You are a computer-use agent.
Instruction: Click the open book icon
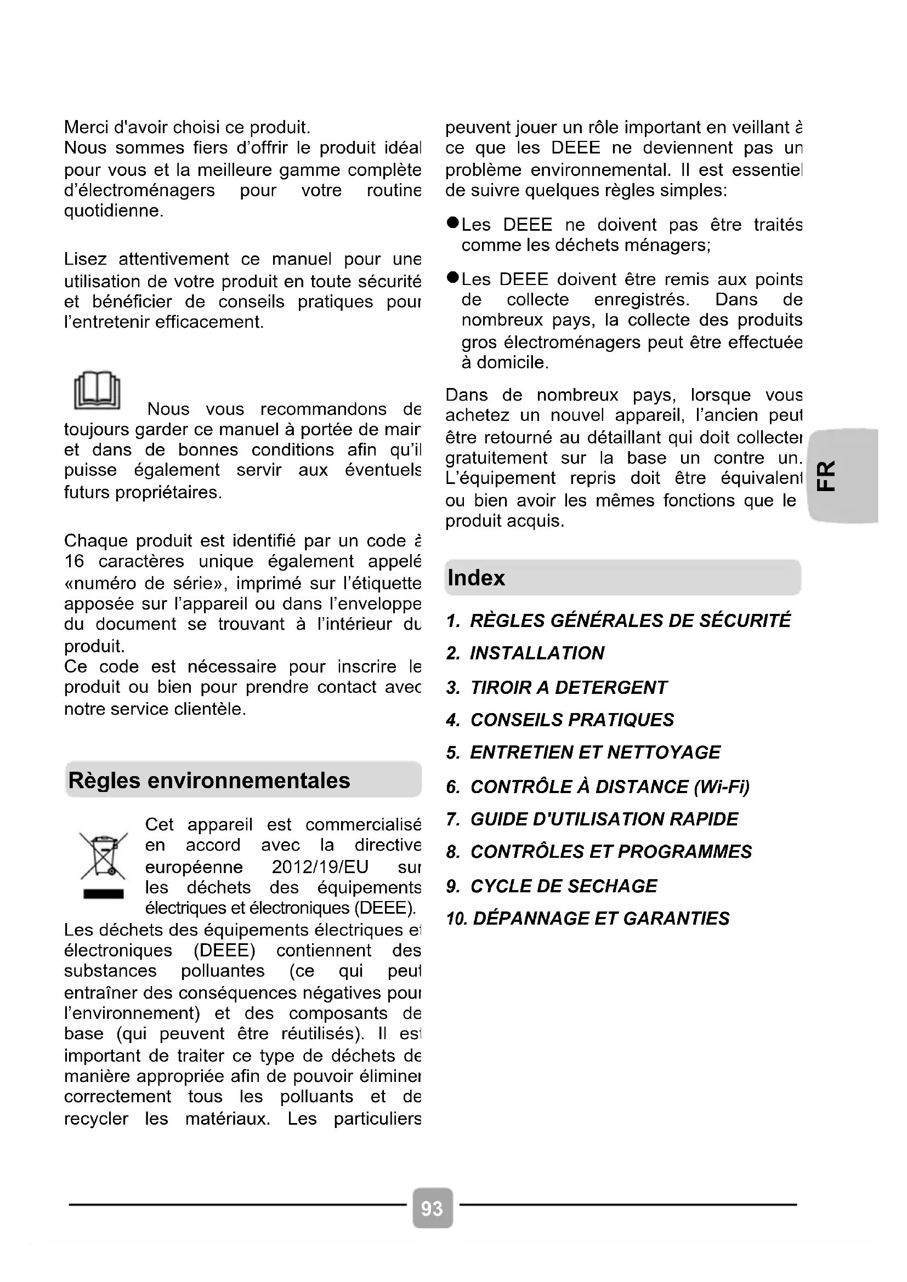pos(97,390)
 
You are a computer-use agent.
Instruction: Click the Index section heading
pos(477,578)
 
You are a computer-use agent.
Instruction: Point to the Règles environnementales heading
pos(209,780)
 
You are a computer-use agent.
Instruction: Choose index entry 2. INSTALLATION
pos(525,653)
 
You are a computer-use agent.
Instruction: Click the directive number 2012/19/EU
pos(320,867)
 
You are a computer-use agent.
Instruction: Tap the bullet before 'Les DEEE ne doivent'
pos(452,223)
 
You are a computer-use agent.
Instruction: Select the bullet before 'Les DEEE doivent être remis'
pos(452,277)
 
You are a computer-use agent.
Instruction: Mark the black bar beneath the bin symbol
pos(103,894)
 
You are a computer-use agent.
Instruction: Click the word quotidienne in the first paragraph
pos(114,211)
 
